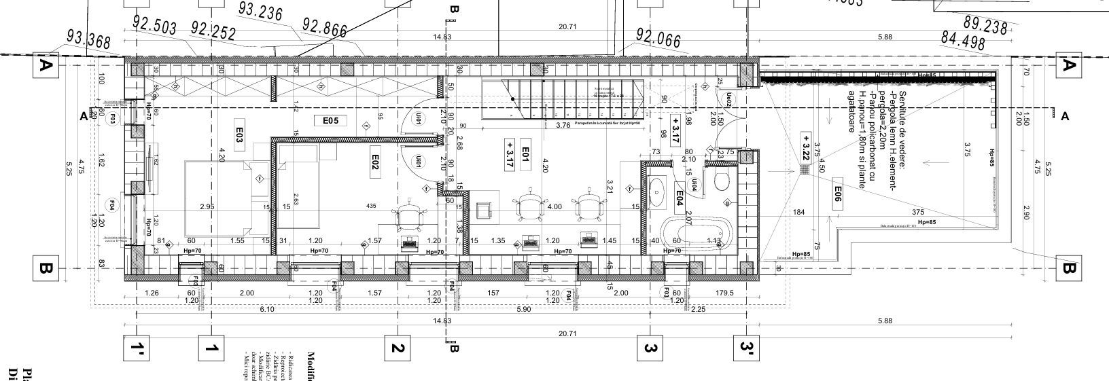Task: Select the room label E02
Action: (x=375, y=162)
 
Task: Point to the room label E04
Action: (x=679, y=198)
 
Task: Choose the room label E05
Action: (x=330, y=121)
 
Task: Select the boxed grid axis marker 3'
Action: (x=747, y=349)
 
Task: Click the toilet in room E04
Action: (x=723, y=179)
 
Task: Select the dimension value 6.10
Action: (x=267, y=310)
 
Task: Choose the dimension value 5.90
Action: (x=523, y=310)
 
